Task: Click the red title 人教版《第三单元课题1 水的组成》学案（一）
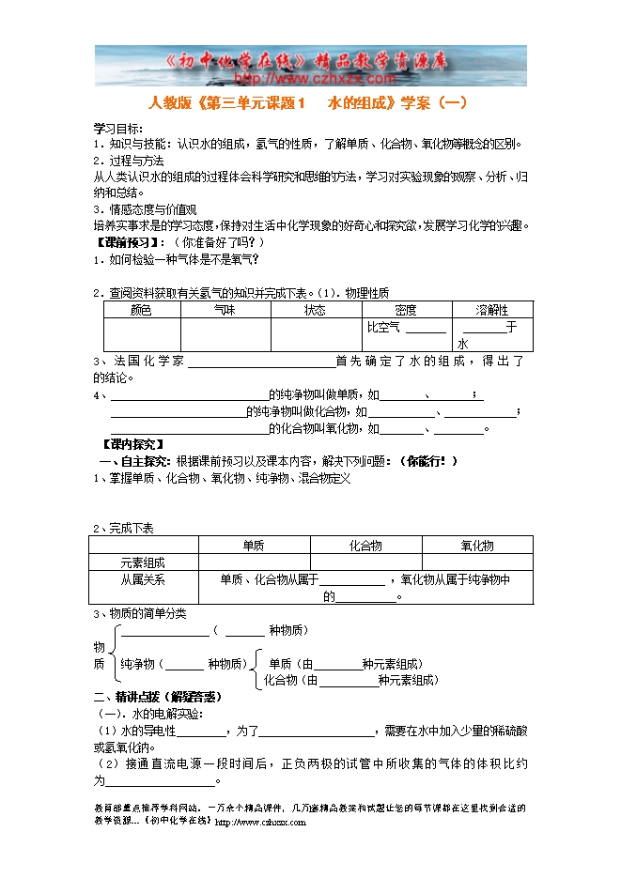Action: coord(308,103)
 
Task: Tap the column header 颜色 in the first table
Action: coord(141,310)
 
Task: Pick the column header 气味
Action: coord(225,310)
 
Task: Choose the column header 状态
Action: coord(315,310)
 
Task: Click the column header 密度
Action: coord(406,310)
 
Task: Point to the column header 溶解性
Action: coord(491,310)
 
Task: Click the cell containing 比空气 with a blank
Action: coord(406,328)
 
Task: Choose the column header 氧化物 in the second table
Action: coord(477,546)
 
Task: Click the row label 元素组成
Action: coord(143,562)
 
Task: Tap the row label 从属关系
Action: coord(143,579)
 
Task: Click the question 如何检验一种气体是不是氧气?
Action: coord(183,259)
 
